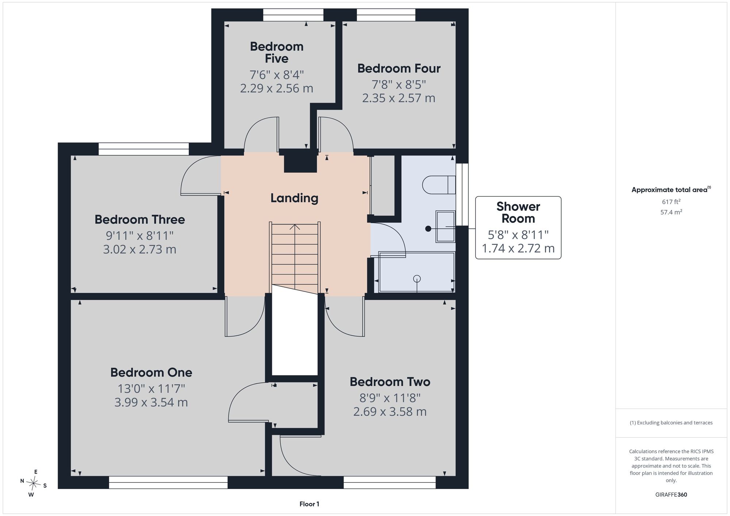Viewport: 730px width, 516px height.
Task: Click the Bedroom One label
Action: (x=151, y=373)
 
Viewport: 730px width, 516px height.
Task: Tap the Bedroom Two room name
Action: (x=390, y=382)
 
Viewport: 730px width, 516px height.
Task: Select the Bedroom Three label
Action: (x=140, y=219)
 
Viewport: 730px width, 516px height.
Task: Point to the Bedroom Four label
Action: (x=399, y=68)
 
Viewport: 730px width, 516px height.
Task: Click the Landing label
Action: (x=294, y=198)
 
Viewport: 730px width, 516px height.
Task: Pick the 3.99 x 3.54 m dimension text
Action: (x=151, y=403)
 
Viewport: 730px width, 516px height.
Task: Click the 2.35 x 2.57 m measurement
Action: (x=399, y=98)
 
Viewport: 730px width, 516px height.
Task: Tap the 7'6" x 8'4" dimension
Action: (x=277, y=75)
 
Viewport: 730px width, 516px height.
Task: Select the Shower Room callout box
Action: (x=518, y=228)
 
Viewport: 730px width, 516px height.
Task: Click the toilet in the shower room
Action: (x=439, y=185)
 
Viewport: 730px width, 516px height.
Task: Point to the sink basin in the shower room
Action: (x=445, y=227)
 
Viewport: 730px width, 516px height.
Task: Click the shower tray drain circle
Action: (x=417, y=279)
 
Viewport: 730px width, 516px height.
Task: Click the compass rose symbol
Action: (x=34, y=484)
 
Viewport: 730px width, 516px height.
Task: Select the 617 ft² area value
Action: (x=671, y=201)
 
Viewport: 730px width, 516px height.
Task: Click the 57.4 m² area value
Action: (x=671, y=212)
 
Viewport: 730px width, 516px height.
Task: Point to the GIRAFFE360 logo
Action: (x=671, y=495)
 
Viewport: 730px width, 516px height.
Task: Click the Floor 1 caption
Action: (x=309, y=504)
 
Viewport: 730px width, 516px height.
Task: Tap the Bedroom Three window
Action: (x=143, y=146)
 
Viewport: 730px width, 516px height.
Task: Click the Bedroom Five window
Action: (x=293, y=15)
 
